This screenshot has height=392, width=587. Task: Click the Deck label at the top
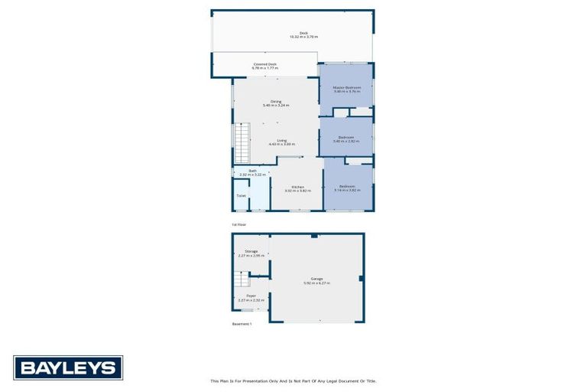(x=303, y=33)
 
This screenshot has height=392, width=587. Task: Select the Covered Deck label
(x=264, y=64)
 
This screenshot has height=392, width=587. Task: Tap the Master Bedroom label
(x=346, y=88)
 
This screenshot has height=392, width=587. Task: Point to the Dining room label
(x=276, y=102)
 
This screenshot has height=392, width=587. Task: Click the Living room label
(x=282, y=140)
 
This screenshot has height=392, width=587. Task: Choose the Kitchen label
(x=298, y=188)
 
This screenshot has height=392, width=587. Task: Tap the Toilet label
(x=241, y=195)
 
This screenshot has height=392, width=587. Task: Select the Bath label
(x=252, y=171)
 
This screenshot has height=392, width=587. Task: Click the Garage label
(x=316, y=278)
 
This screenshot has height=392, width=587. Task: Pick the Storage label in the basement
(x=251, y=251)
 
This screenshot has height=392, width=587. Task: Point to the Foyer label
(x=251, y=295)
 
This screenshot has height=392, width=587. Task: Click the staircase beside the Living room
(x=242, y=143)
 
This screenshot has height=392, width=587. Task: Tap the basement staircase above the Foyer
(x=242, y=279)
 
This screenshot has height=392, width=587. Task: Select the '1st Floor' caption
(x=239, y=224)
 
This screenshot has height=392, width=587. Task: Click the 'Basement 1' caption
(x=242, y=324)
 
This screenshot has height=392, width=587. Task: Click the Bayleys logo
(x=67, y=368)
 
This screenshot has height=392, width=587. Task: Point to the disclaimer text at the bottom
(x=293, y=381)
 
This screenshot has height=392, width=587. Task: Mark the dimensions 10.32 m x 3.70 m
(x=303, y=37)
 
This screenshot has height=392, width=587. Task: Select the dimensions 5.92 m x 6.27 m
(x=316, y=283)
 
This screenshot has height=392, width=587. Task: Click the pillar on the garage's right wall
(x=361, y=279)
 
